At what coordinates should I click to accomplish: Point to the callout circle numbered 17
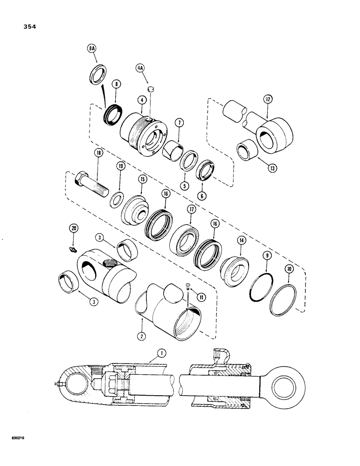tap(190, 210)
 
